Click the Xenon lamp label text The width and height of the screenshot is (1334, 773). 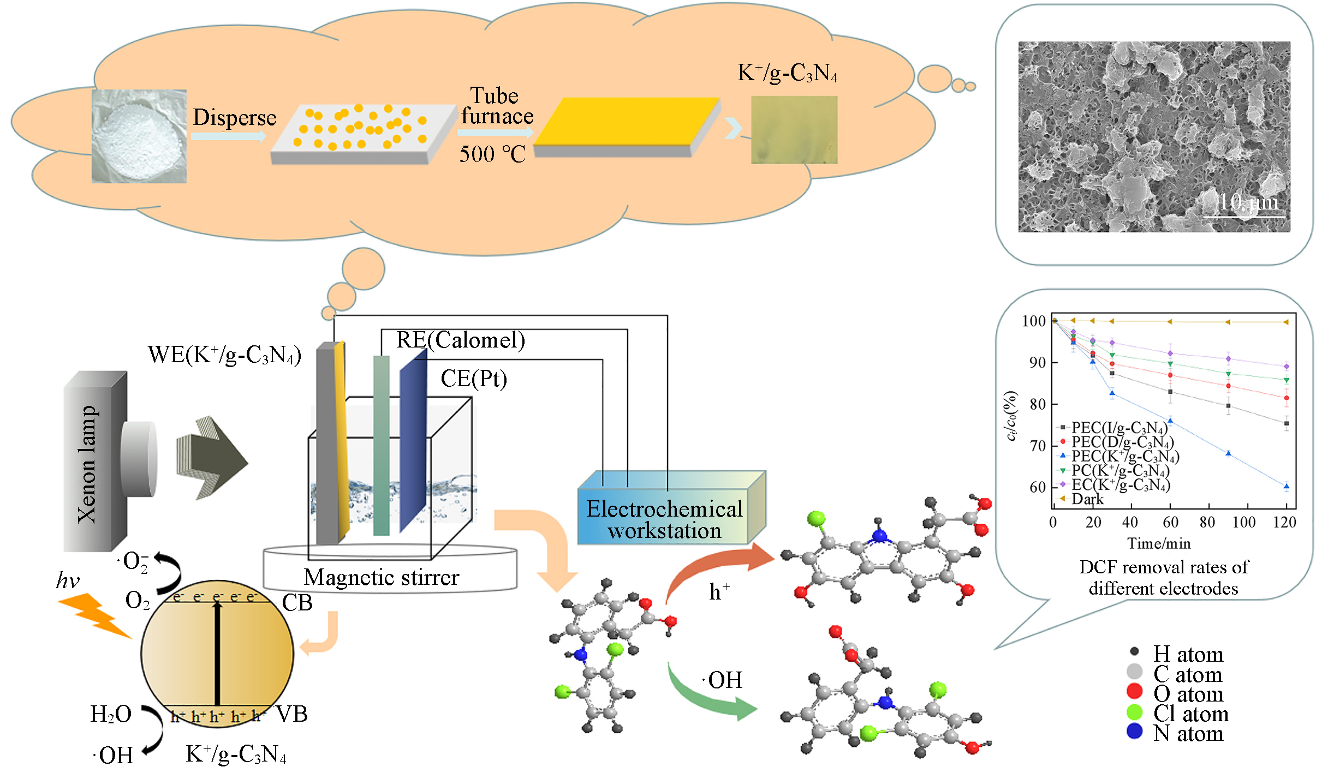tap(87, 464)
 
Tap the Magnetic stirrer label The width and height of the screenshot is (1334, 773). tap(382, 577)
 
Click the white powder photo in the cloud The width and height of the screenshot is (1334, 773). tap(139, 136)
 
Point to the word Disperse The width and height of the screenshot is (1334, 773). tap(235, 117)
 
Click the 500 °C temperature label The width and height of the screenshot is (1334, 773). tap(492, 154)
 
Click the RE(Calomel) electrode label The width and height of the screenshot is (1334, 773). tap(461, 340)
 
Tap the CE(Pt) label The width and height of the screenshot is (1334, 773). tap(474, 378)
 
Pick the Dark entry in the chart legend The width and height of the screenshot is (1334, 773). tap(1087, 499)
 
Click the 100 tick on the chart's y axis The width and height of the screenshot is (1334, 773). tap(1033, 321)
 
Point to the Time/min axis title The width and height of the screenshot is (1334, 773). tap(1159, 543)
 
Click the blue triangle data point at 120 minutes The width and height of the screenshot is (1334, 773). tap(1287, 486)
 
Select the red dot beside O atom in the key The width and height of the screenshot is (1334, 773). tap(1135, 691)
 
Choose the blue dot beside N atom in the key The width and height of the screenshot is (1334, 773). tap(1135, 731)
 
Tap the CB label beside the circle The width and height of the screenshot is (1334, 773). tap(297, 603)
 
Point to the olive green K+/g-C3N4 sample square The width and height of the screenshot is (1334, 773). tap(794, 130)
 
